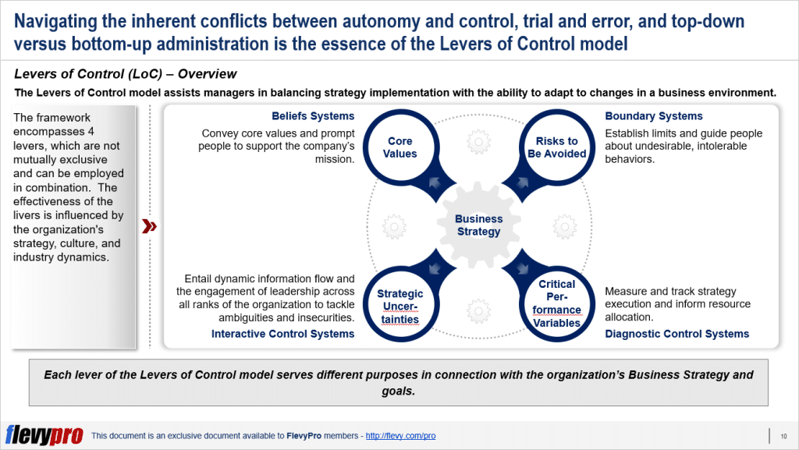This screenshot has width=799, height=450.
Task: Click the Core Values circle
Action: (x=401, y=147)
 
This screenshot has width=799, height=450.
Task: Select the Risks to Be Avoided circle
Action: (x=556, y=147)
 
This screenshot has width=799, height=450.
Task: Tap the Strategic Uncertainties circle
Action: (x=399, y=306)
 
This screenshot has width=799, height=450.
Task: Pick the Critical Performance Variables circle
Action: (x=556, y=303)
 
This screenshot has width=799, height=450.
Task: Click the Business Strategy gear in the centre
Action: (x=478, y=225)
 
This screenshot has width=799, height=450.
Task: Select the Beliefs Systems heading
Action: (x=313, y=116)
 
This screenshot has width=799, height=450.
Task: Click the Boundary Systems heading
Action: (x=654, y=116)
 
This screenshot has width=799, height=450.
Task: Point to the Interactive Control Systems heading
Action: (x=282, y=334)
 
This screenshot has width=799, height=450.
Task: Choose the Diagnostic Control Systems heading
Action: (x=676, y=334)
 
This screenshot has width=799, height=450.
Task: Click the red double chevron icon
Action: (x=149, y=227)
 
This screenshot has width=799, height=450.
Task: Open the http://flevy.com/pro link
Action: (x=400, y=436)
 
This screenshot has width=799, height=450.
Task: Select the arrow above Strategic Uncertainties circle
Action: (x=435, y=269)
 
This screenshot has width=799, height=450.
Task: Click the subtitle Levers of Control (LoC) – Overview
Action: (x=125, y=74)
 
